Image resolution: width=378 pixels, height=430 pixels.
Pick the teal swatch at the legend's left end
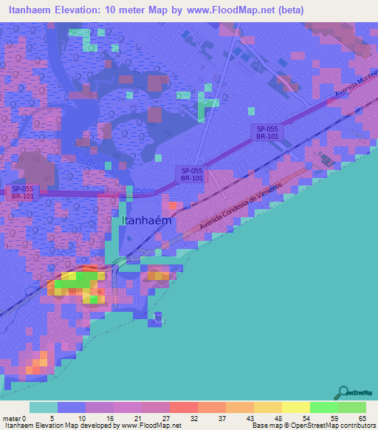[x=43, y=407]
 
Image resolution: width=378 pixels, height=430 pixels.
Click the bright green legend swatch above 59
[x=323, y=407]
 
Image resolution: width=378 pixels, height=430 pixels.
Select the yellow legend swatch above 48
[x=267, y=407]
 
